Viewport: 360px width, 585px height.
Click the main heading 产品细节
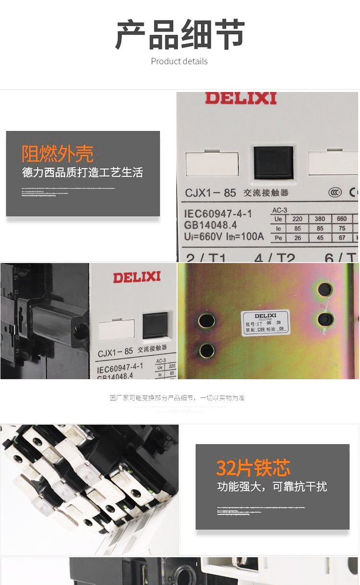click(x=180, y=35)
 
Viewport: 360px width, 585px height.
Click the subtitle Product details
click(x=179, y=61)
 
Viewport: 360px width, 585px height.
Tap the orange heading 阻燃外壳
click(x=58, y=154)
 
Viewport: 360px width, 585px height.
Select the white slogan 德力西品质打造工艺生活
click(x=83, y=172)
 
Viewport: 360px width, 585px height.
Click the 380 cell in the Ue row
click(x=320, y=219)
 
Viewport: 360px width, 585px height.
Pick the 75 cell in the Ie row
click(x=341, y=228)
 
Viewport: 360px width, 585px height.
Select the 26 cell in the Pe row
click(x=297, y=238)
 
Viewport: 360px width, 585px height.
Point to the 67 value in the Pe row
click(x=341, y=238)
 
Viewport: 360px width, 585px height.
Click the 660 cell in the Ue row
click(x=341, y=219)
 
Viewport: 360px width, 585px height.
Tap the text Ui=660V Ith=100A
click(x=224, y=237)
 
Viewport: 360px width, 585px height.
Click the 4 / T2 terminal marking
click(x=275, y=258)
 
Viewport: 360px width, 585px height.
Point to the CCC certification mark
click(x=335, y=192)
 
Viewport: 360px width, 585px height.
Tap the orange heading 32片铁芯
click(x=253, y=468)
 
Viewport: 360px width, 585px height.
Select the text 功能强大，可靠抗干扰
click(x=272, y=487)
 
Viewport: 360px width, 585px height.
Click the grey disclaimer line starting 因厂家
click(x=177, y=398)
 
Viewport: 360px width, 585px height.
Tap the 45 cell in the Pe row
click(x=320, y=238)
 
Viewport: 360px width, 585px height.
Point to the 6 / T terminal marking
click(x=340, y=258)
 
